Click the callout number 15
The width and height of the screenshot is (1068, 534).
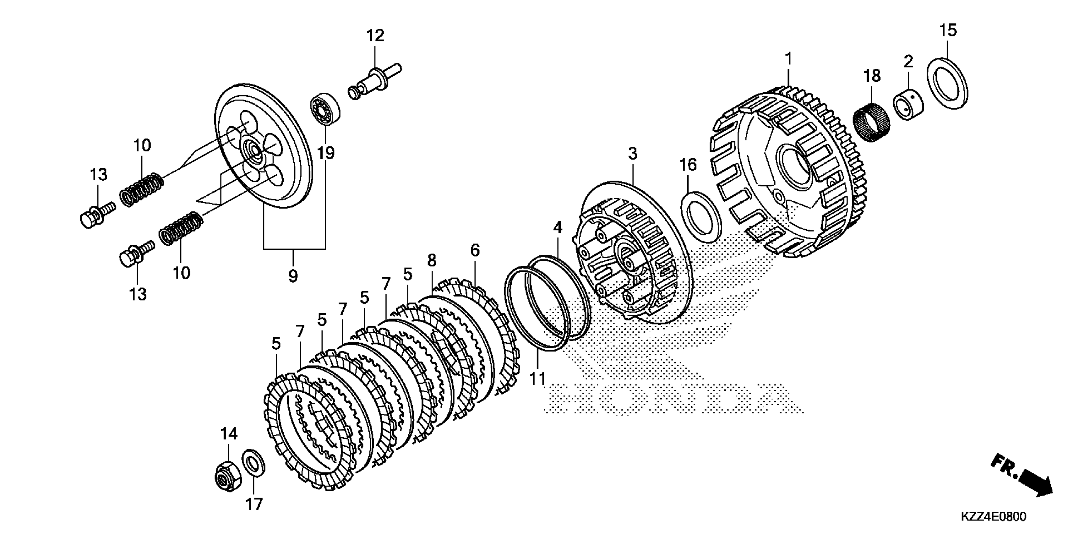coord(948,31)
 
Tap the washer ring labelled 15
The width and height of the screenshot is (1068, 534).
coord(947,84)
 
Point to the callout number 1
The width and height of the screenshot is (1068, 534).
coord(788,59)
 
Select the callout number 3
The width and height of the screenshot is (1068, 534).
coord(632,154)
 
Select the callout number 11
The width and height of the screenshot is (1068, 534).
coord(538,379)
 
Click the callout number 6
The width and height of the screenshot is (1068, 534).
coord(475,250)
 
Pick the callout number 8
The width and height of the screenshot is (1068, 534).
coord(432,260)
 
